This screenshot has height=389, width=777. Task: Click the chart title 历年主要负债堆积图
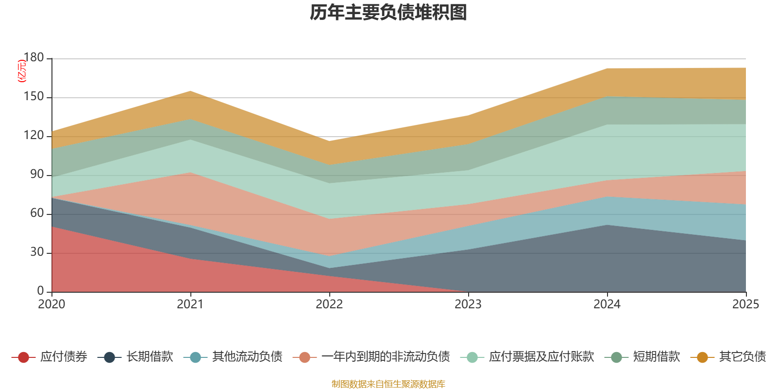pos(388,13)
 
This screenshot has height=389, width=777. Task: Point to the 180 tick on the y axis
pos(34,58)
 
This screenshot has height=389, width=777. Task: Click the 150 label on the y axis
pos(34,97)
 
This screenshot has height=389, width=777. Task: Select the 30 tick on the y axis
pos(37,252)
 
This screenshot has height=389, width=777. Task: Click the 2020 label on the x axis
pos(51,304)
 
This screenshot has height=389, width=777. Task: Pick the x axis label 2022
pos(329,304)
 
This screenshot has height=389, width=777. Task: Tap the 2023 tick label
pos(468,304)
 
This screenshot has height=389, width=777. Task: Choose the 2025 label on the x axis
pos(745,304)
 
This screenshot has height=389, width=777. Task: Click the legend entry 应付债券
pos(63,357)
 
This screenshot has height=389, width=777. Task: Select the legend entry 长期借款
pos(150,357)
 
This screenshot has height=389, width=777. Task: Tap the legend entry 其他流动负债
pos(247,357)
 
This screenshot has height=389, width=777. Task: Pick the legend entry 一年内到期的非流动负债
pos(385,357)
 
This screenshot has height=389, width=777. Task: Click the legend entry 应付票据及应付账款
pos(541,357)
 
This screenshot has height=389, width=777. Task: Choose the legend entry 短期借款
pos(656,357)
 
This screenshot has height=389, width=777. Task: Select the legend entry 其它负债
pos(742,357)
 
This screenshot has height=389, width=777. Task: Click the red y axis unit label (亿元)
pos(22,71)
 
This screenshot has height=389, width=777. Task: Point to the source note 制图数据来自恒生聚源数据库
pos(388,384)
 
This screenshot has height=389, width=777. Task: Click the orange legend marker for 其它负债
pos(702,357)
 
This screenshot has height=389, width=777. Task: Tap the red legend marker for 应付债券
pos(23,357)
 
